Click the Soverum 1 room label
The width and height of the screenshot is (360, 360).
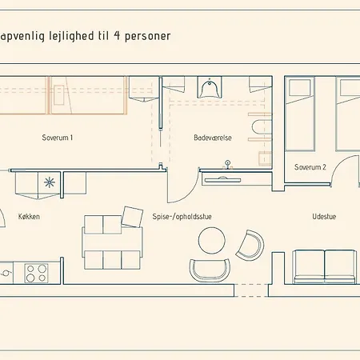(58, 138)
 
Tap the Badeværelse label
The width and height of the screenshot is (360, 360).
(213, 138)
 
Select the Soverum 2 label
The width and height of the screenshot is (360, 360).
(310, 167)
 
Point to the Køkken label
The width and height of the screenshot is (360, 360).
(29, 216)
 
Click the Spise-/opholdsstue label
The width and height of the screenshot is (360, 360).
(182, 217)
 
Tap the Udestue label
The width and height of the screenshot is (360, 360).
(324, 216)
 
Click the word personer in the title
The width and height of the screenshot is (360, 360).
(148, 36)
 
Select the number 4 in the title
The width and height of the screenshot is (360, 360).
(117, 35)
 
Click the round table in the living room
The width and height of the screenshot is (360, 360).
(212, 240)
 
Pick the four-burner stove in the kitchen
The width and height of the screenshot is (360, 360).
(36, 274)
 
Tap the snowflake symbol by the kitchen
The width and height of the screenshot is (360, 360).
(50, 182)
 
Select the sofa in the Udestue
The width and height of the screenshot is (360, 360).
(325, 267)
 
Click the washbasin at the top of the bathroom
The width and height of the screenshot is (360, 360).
(210, 88)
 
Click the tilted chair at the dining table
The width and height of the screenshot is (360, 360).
(132, 217)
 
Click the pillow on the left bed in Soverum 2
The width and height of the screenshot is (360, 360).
(300, 87)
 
